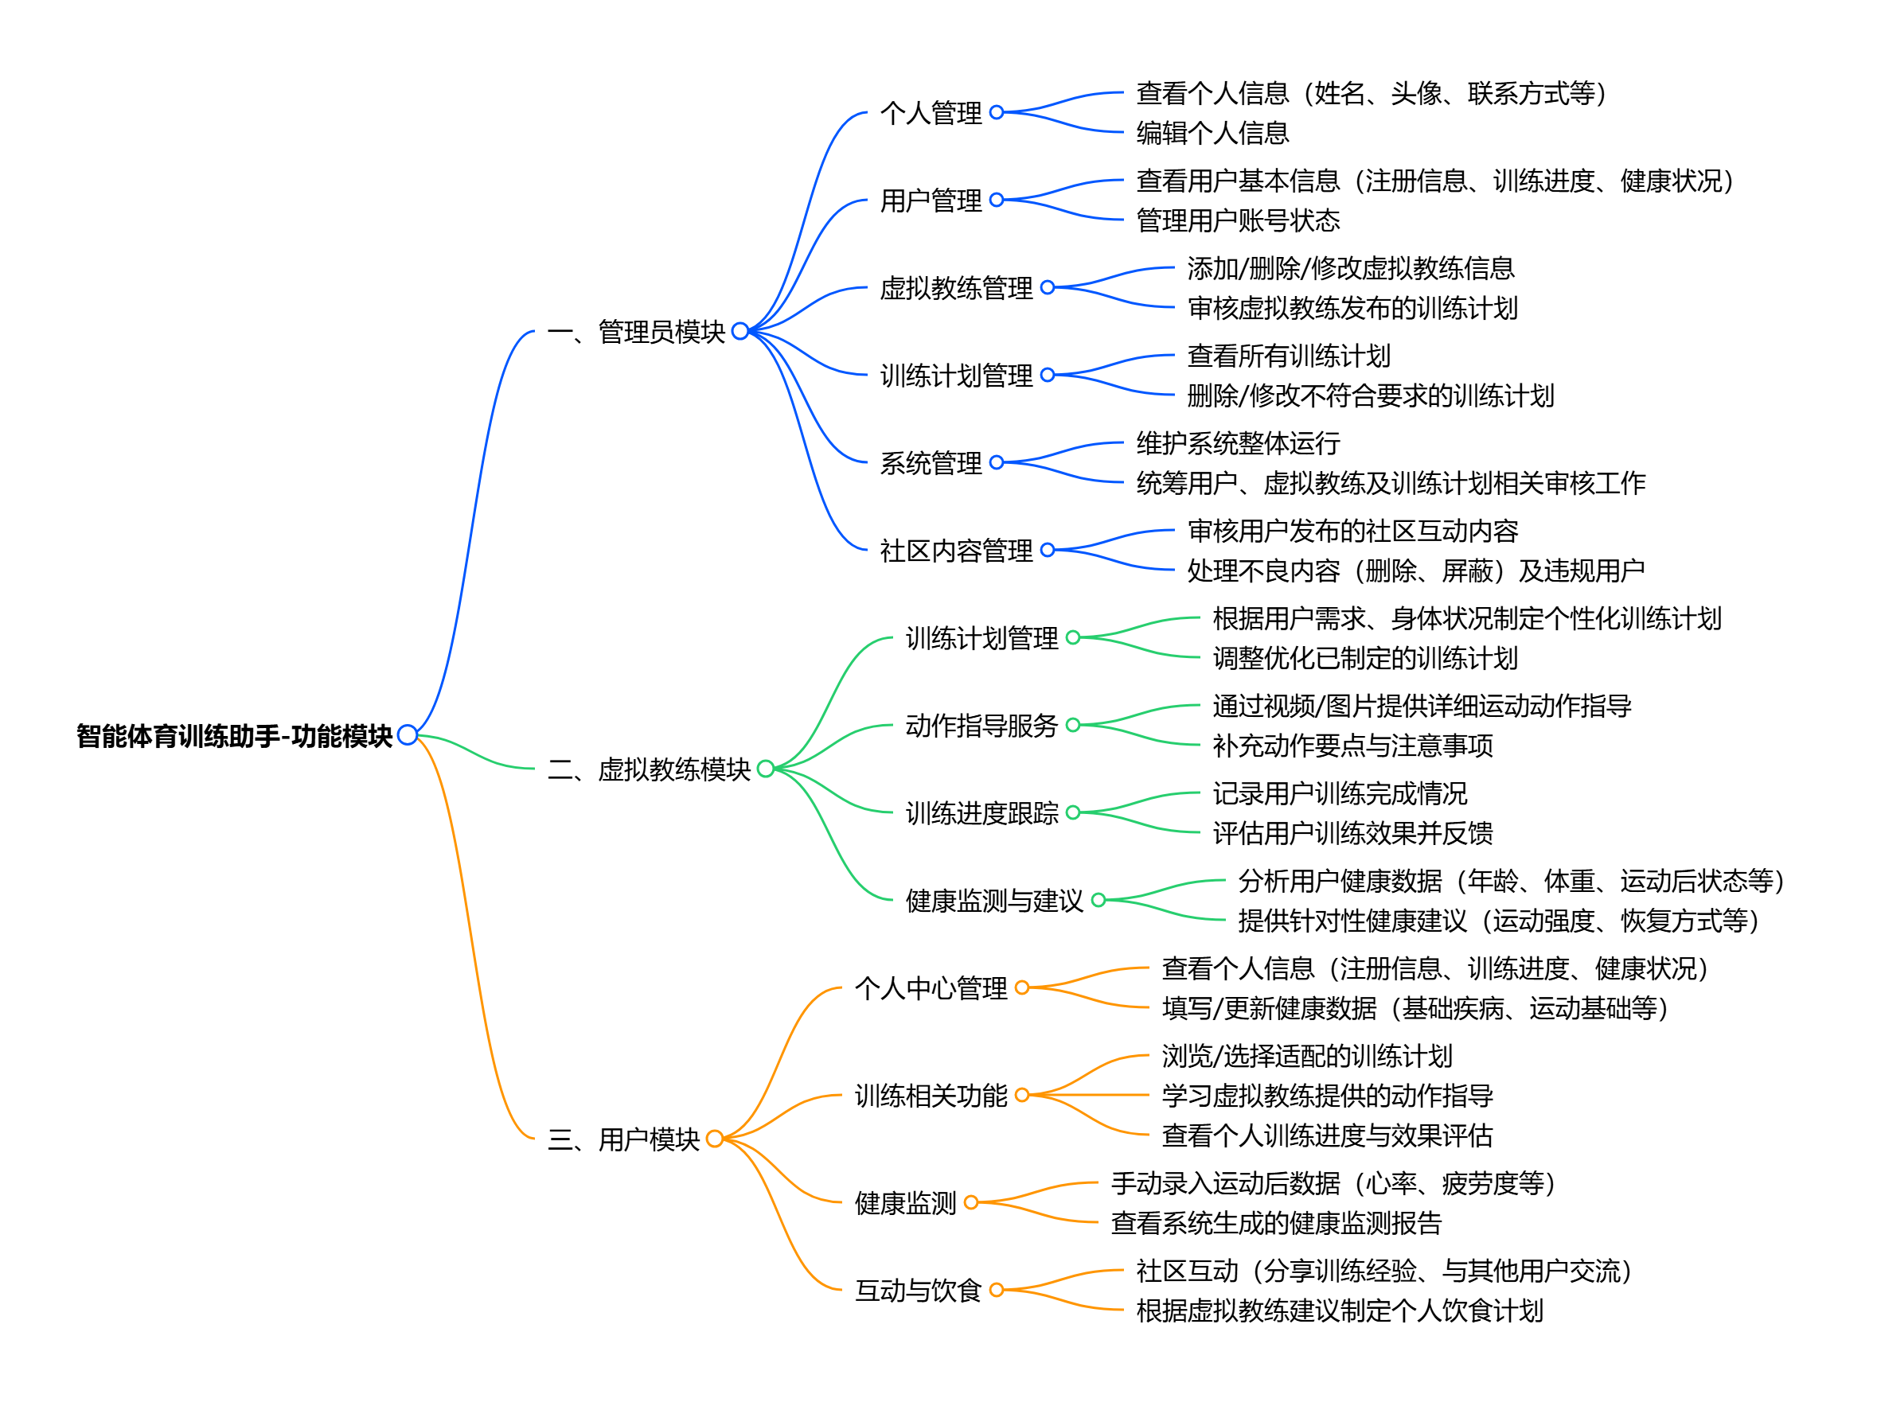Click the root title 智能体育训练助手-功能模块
(x=234, y=735)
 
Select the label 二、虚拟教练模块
(x=648, y=769)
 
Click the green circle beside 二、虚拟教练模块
(x=766, y=769)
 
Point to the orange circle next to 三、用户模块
(x=715, y=1138)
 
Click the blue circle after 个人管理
(x=997, y=112)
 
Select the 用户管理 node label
(x=931, y=201)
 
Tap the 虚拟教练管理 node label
(x=956, y=288)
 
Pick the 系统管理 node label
(x=931, y=463)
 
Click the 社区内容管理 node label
(x=956, y=551)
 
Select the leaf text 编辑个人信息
(x=1212, y=132)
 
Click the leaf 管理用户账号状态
(x=1238, y=220)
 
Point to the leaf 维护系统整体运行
(x=1238, y=442)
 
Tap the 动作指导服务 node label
(x=981, y=725)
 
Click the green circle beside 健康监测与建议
(x=1098, y=900)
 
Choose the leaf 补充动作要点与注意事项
(x=1352, y=746)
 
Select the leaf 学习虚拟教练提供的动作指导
(x=1327, y=1095)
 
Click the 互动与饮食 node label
(x=918, y=1290)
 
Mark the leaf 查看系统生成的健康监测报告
(x=1276, y=1223)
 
